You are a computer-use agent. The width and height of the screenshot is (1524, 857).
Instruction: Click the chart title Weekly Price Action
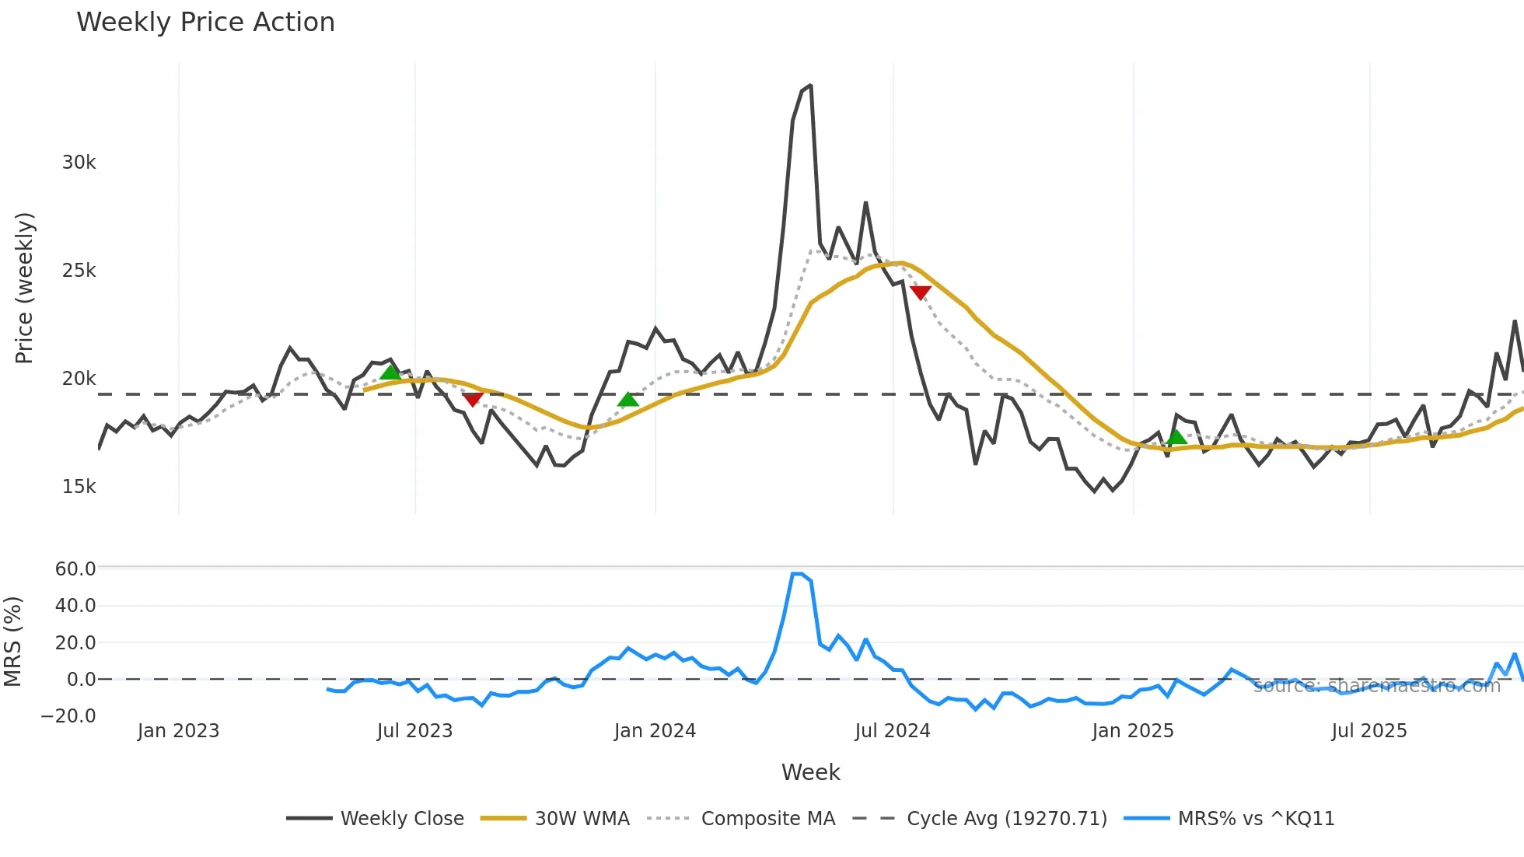[x=205, y=23]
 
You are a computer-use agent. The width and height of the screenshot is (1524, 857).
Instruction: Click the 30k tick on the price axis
[x=79, y=163]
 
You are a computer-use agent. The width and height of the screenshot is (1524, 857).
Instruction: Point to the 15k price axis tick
[x=79, y=487]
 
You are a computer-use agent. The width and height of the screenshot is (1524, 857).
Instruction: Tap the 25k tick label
[x=79, y=271]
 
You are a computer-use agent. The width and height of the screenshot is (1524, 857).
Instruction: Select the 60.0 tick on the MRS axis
[x=75, y=569]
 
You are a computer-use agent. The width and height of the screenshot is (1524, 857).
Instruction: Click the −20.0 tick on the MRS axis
[x=69, y=716]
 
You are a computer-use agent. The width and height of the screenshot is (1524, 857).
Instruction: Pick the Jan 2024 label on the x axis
[x=655, y=731]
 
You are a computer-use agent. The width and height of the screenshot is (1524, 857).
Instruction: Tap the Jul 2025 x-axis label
[x=1369, y=731]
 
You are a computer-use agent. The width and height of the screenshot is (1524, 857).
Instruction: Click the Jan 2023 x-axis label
[x=179, y=731]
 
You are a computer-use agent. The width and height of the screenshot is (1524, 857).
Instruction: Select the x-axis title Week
[x=810, y=772]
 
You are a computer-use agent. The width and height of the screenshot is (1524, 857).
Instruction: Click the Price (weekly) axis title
[x=24, y=288]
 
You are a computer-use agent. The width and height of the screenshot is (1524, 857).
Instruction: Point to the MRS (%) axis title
[x=13, y=642]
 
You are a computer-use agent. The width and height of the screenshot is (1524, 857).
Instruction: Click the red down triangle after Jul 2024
[x=921, y=292]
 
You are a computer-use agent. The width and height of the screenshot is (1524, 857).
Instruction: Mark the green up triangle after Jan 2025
[x=1177, y=437]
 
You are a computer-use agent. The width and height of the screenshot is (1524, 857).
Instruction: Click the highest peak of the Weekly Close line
[x=811, y=86]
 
